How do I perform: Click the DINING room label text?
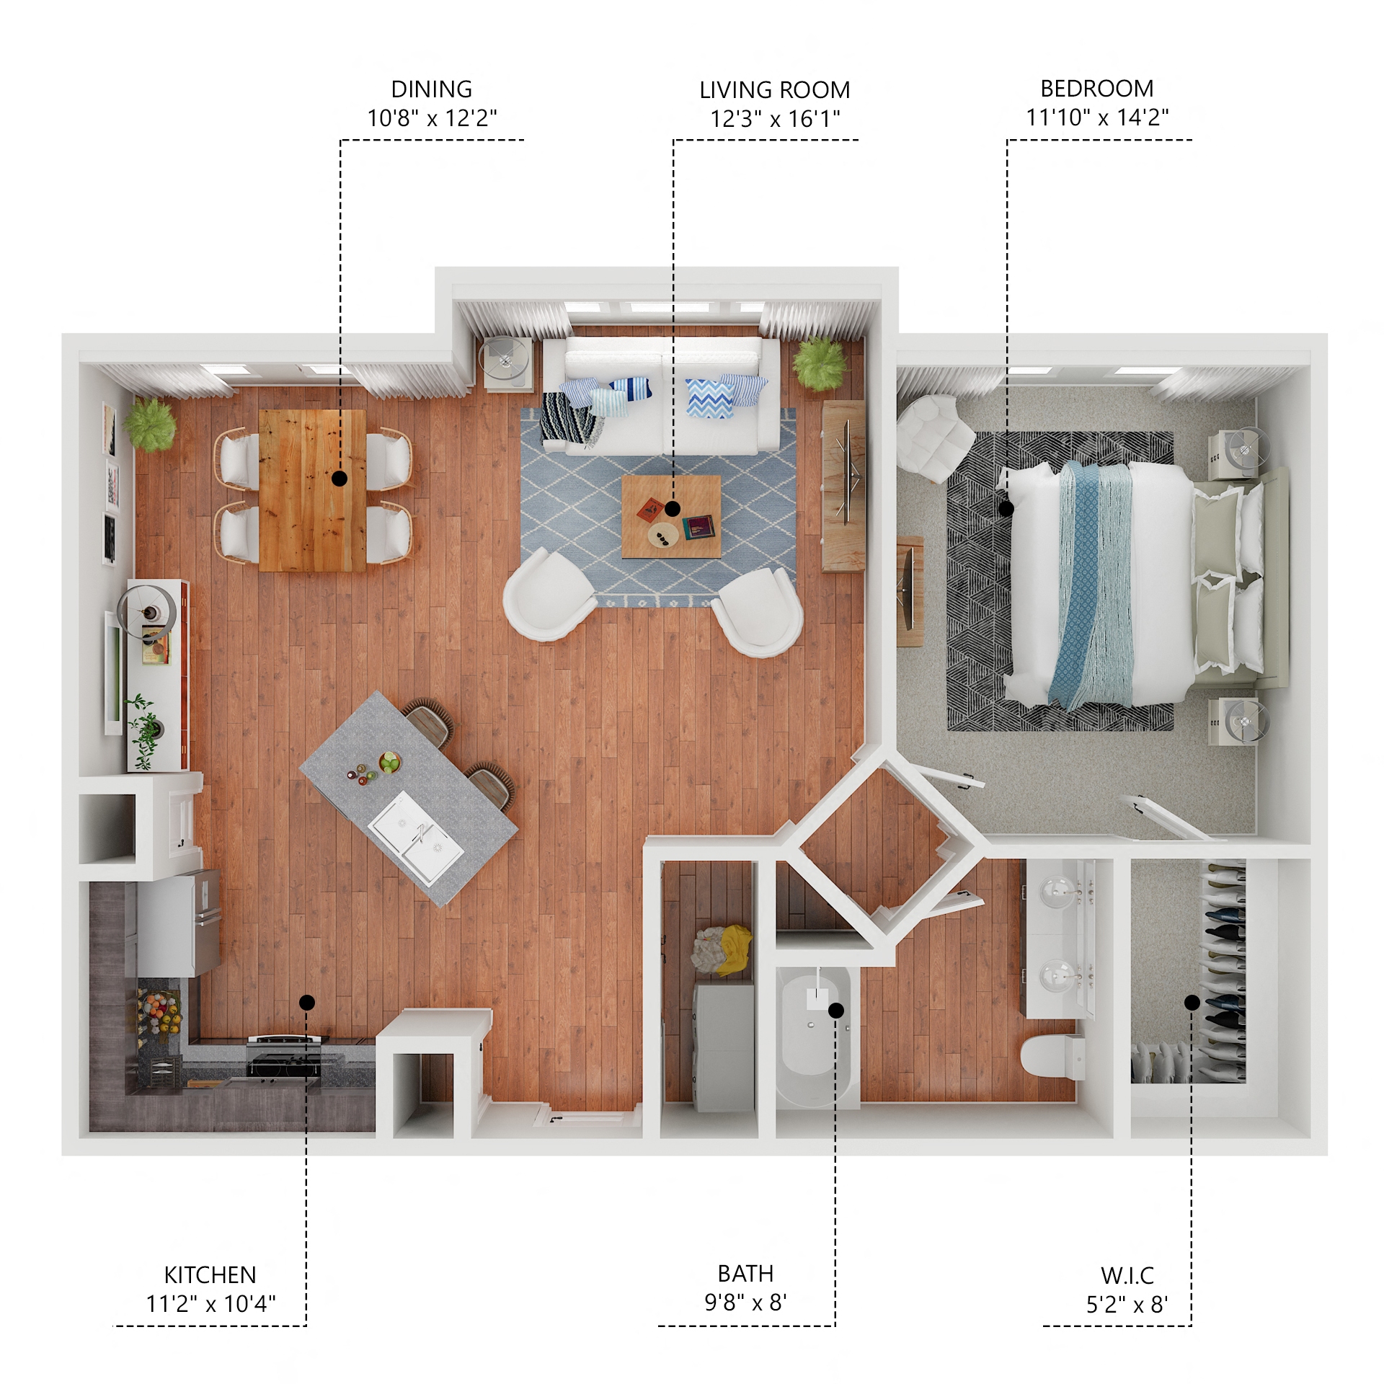click(431, 89)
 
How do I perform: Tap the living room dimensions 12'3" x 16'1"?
click(775, 119)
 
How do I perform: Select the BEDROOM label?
click(1096, 89)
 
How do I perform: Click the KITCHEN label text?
click(210, 1275)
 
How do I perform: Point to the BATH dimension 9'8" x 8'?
click(745, 1303)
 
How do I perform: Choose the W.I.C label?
click(1127, 1276)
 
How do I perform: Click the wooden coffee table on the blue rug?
click(670, 517)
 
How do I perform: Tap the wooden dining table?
click(312, 490)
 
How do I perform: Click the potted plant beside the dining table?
click(151, 425)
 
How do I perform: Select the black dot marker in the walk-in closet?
click(1192, 1003)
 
